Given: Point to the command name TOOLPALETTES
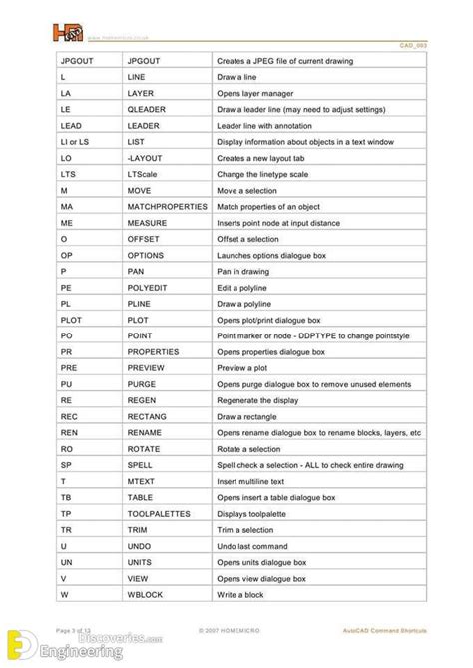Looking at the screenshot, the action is [x=159, y=513].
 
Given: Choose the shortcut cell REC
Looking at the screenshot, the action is [x=42, y=415].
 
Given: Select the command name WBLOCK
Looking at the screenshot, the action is [x=145, y=594].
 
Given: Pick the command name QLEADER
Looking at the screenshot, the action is [x=149, y=109].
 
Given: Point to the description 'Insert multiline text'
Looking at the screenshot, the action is [x=256, y=480].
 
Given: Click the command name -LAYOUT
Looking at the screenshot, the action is [x=147, y=158].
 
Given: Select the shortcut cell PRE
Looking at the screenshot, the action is [x=42, y=366].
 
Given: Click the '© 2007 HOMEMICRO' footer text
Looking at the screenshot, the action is [x=235, y=630].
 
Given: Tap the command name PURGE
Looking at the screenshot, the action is [x=143, y=383].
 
